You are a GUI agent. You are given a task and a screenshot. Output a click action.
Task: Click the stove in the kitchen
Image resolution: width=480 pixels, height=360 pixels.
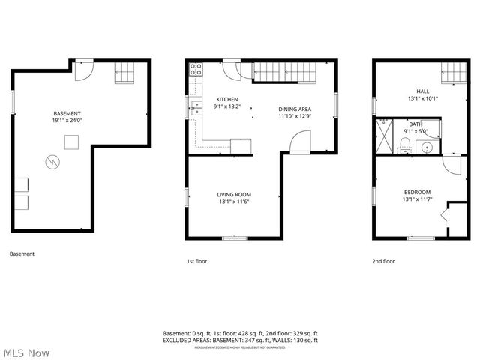(196, 70)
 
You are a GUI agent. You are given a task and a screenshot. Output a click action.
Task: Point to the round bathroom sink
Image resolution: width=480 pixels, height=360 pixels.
(430, 145)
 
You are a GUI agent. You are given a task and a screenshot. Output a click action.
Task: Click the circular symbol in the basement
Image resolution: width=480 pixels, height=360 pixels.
(53, 160)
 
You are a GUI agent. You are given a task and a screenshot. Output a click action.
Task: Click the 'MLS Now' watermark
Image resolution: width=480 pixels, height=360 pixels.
(26, 352)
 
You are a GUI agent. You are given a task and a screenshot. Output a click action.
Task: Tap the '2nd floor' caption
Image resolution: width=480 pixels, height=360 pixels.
(383, 262)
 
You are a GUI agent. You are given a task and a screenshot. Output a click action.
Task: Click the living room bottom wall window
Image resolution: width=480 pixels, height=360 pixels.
(235, 238)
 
